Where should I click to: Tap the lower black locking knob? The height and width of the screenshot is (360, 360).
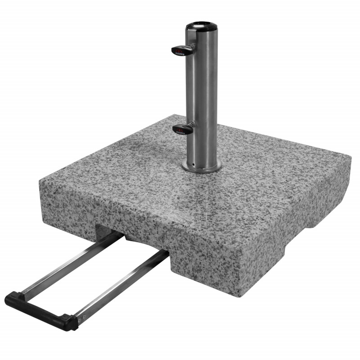pos(182,129)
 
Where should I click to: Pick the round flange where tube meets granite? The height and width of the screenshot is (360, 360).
pos(202,166)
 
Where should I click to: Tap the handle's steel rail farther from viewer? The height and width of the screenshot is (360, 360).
pos(67,265)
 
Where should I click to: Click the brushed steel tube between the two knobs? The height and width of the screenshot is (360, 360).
pos(202,90)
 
